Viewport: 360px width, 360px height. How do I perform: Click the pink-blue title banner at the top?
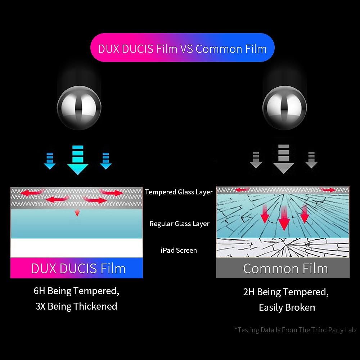tap(182, 48)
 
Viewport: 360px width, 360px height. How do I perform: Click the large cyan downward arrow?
tap(78, 160)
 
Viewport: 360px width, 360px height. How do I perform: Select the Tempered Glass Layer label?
tap(179, 192)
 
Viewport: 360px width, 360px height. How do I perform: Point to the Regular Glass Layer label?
tap(179, 224)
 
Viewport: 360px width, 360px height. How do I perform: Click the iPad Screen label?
tap(179, 250)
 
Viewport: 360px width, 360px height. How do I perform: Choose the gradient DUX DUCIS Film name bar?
tap(77, 268)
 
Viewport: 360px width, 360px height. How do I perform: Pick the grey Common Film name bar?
tap(283, 269)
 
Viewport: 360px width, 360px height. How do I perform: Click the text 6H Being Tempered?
tap(76, 291)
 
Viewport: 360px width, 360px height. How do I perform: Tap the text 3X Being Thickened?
tap(76, 306)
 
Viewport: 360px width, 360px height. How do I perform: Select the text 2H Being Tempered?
tap(286, 292)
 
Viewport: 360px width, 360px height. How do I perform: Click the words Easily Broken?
tap(287, 307)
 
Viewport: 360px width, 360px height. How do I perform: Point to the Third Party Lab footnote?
tap(295, 330)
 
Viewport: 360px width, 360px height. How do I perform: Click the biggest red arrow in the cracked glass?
tap(284, 218)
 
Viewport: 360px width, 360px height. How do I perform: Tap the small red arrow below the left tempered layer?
tap(77, 213)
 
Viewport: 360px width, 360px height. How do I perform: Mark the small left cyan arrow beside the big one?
tap(50, 161)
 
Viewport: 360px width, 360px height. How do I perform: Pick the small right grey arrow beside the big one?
tap(311, 160)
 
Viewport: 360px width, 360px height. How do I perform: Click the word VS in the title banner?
tap(186, 48)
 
